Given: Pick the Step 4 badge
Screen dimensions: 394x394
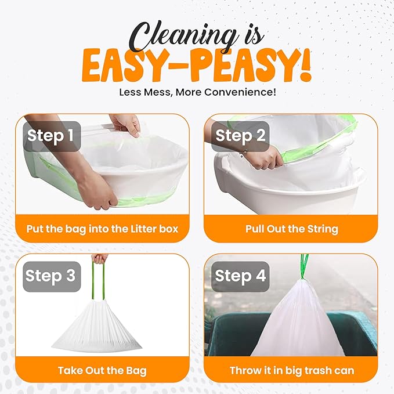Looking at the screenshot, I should (241, 276).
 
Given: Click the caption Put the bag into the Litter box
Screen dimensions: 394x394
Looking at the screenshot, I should (102, 228).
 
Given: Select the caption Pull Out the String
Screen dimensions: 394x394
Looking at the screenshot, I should (292, 228).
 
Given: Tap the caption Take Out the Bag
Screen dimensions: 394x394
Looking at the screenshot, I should (102, 370).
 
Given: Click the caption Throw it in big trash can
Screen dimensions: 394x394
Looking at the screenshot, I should (292, 370).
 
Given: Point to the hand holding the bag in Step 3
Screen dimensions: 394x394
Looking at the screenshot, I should (100, 259).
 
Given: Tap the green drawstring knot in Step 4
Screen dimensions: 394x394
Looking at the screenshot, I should (304, 268).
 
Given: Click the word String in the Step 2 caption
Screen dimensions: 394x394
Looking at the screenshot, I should (323, 228).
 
